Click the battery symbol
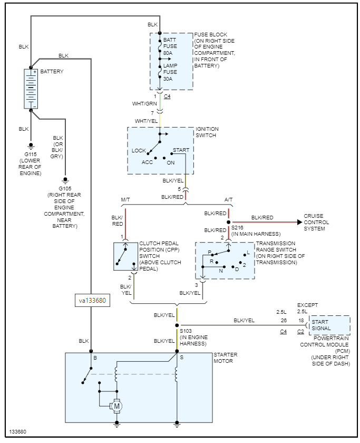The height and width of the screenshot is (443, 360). [x=31, y=89]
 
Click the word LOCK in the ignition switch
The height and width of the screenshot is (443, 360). [x=139, y=151]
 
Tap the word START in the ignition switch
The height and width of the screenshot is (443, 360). [x=181, y=150]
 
